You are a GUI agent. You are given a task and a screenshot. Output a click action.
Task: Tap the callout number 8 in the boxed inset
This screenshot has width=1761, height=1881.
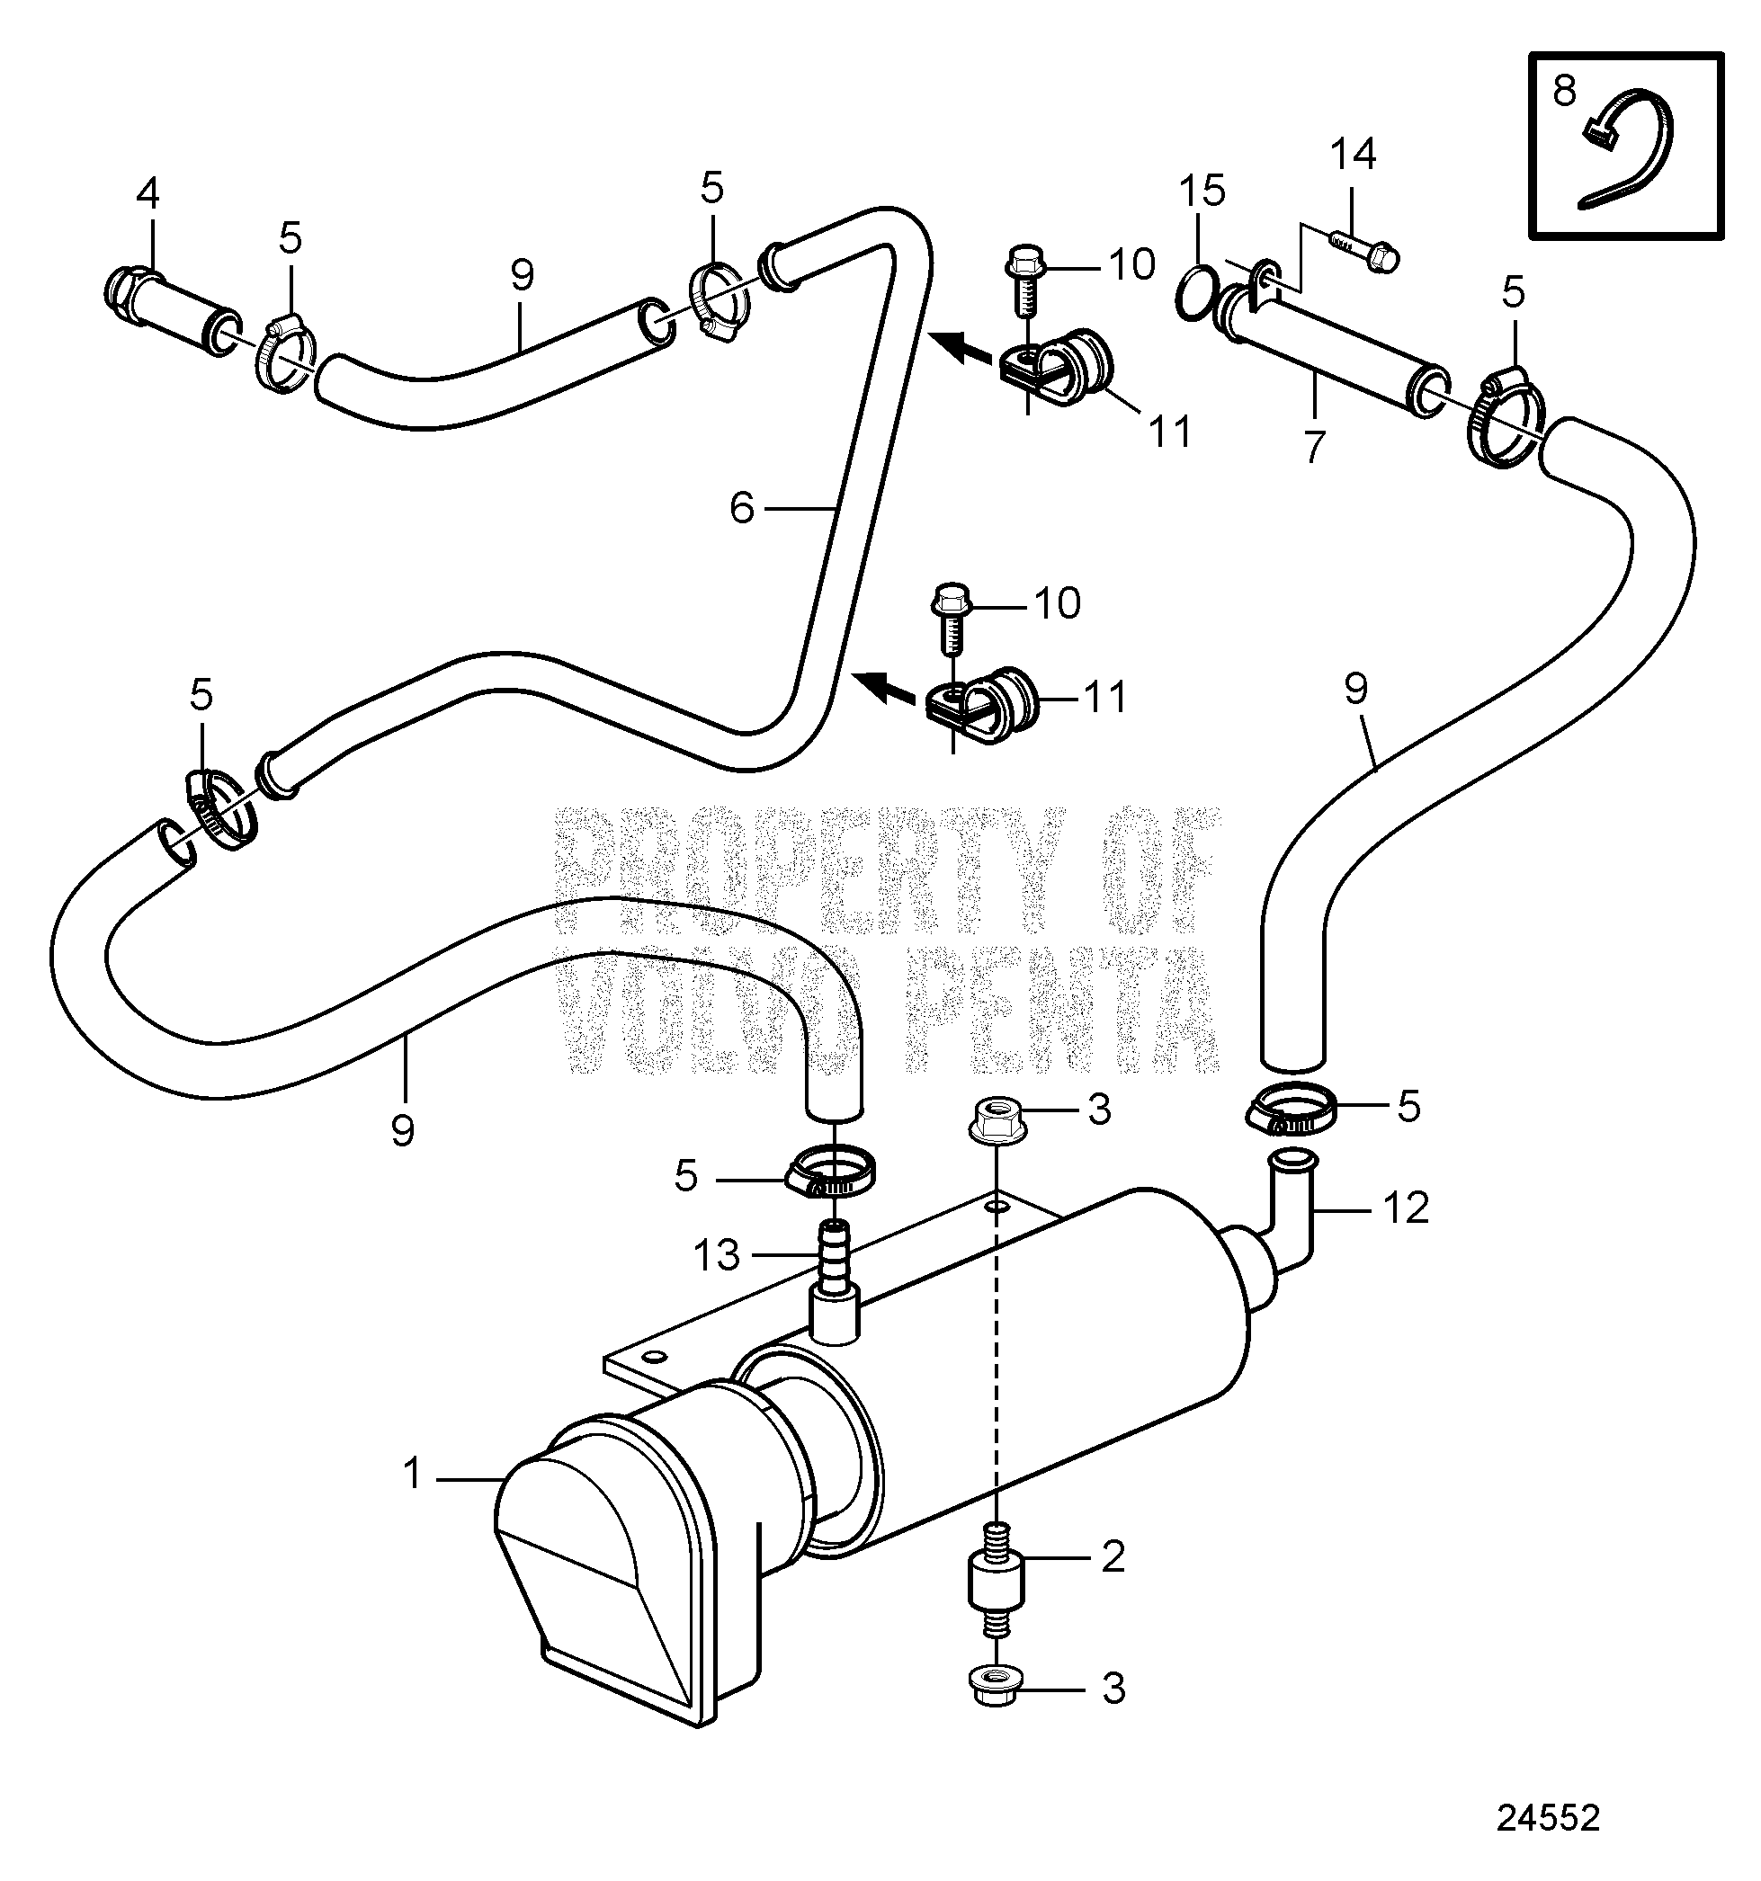[1565, 92]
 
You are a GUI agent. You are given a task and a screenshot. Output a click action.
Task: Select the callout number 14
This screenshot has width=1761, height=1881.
[1354, 155]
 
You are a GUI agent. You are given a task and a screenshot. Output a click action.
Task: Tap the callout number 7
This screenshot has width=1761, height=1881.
[1313, 446]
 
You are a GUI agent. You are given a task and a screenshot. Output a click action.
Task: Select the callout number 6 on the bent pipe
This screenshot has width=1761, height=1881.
[742, 510]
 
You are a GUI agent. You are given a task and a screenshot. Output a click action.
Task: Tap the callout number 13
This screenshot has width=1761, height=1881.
[716, 1254]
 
